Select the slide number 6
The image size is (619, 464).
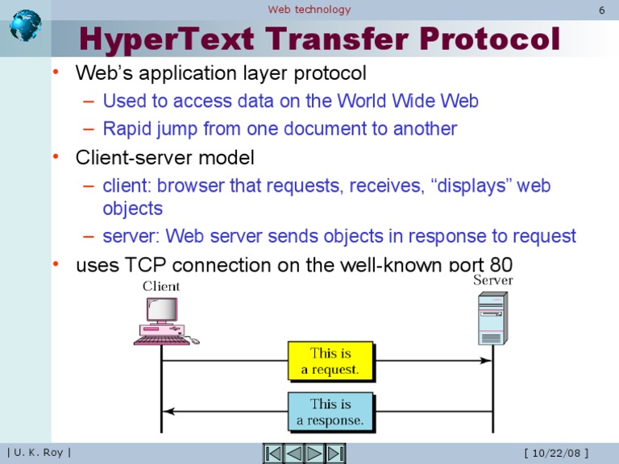pos(601,10)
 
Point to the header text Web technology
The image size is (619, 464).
pos(309,10)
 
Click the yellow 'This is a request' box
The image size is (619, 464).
pos(330,361)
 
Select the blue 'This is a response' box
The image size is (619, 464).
pos(330,412)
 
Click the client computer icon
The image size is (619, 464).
pos(164,321)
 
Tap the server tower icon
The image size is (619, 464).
pos(492,319)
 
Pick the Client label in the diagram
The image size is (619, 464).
pos(161,286)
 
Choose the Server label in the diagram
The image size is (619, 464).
pos(492,280)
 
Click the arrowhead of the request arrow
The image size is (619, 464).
pos(487,360)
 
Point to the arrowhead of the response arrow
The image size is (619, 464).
pos(168,411)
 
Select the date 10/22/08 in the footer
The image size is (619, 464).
pos(555,453)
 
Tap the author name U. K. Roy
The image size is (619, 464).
pos(39,453)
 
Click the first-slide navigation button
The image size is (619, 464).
pos(274,454)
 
